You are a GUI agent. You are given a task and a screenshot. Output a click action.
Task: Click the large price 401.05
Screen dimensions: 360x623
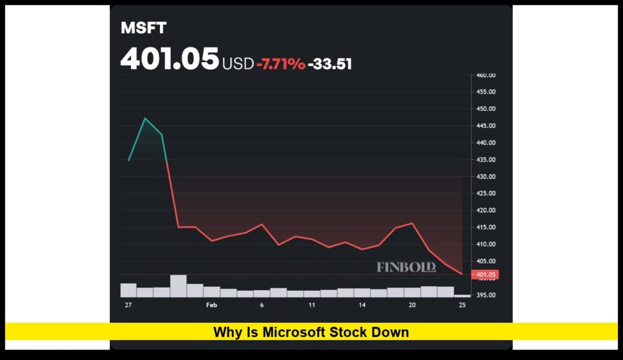(x=170, y=60)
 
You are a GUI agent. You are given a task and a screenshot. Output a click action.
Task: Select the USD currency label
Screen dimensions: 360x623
(x=237, y=64)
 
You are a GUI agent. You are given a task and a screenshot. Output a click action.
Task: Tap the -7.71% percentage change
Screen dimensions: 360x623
(x=281, y=64)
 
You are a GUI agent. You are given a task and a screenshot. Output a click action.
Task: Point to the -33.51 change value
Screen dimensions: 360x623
(x=330, y=64)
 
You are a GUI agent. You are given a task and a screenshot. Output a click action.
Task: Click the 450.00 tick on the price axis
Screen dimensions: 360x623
(x=485, y=109)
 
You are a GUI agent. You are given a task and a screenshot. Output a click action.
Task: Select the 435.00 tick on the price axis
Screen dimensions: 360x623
(x=485, y=160)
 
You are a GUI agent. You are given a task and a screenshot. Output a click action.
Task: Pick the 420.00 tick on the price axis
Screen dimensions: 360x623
(x=485, y=211)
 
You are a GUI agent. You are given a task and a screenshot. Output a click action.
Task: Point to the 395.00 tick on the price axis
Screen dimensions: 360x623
(x=485, y=295)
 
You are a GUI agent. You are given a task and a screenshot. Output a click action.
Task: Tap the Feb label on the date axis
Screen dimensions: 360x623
(x=211, y=305)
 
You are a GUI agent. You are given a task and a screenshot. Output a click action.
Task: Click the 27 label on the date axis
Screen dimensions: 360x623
(x=128, y=305)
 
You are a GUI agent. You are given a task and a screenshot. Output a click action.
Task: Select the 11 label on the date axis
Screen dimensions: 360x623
(x=312, y=305)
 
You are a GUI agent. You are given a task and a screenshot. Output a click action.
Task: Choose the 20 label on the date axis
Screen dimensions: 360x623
(x=412, y=305)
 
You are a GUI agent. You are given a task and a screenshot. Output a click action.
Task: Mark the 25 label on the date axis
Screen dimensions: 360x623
(x=462, y=305)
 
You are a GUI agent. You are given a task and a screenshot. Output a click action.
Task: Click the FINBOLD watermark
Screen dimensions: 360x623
(x=406, y=267)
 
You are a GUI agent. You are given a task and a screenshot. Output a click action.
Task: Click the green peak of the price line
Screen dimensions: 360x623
(x=145, y=118)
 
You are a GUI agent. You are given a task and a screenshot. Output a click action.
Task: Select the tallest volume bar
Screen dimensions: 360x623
(x=178, y=286)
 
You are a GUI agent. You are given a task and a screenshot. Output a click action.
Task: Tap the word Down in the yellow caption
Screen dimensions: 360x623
(x=392, y=333)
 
